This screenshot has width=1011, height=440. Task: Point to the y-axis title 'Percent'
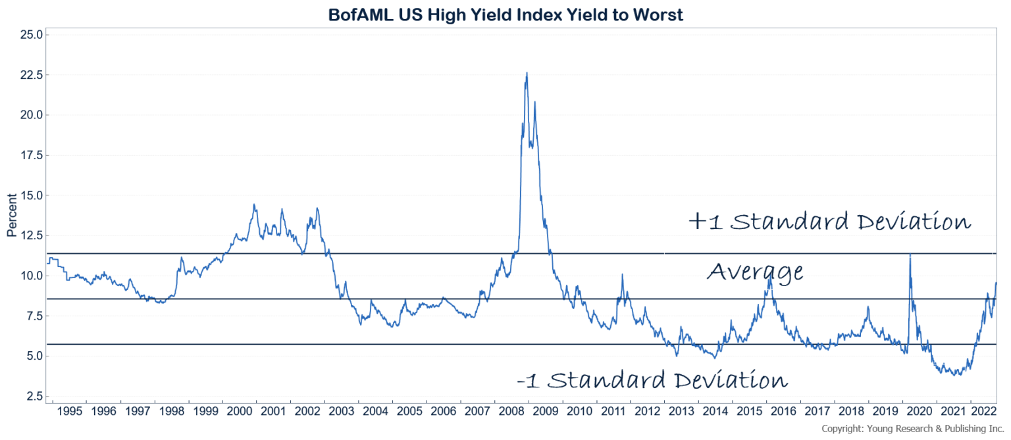coord(11,216)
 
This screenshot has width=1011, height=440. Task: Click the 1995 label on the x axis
coord(69,411)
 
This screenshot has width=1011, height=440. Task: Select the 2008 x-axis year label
coord(512,411)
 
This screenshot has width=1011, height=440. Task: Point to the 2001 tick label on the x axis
coord(273,411)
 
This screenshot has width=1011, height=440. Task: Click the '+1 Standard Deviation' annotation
coord(829,222)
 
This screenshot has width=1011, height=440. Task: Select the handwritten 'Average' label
coord(755,271)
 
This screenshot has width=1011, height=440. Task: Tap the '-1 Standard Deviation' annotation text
coord(652,380)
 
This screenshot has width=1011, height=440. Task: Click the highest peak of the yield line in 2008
coord(527,73)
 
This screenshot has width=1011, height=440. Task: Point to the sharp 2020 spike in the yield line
coord(910,254)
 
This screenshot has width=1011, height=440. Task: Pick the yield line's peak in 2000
coord(254,205)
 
